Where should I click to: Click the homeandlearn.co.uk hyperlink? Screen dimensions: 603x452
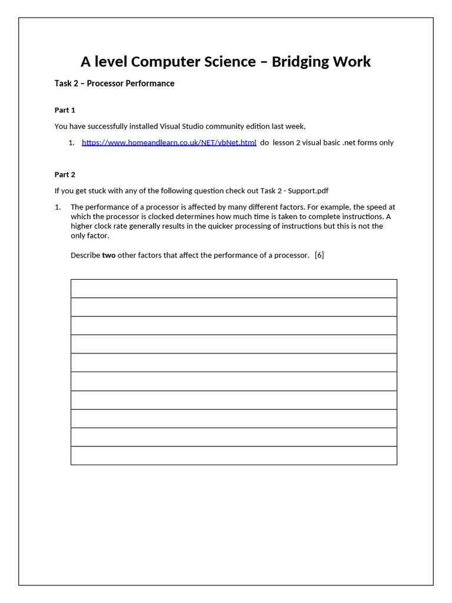click(x=169, y=143)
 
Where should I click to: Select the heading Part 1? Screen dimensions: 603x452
click(x=65, y=110)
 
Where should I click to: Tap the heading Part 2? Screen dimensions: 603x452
click(x=65, y=175)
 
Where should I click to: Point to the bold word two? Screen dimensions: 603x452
click(x=108, y=255)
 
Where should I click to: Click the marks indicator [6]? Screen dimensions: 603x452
click(x=320, y=255)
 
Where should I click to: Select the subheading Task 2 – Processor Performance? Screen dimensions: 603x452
click(x=114, y=84)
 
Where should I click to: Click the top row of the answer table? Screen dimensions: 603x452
click(x=234, y=289)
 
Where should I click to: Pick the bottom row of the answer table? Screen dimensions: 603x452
click(x=234, y=456)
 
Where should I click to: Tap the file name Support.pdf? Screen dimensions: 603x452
click(x=307, y=191)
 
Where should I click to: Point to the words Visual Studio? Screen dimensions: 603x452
click(x=182, y=126)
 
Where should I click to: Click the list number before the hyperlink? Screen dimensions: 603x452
click(x=71, y=143)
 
